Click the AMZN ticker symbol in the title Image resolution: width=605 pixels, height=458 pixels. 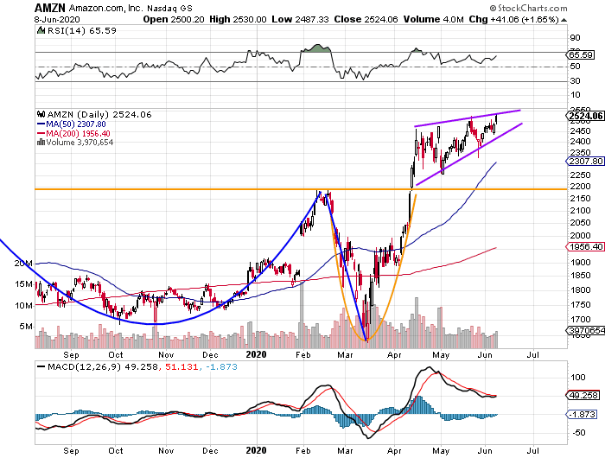[22, 7]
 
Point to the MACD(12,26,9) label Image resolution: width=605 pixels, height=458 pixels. [75, 366]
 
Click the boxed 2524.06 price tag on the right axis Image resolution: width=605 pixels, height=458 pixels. [585, 115]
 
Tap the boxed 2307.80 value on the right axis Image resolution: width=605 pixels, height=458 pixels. [585, 162]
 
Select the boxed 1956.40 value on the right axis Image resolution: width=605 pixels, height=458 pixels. [585, 246]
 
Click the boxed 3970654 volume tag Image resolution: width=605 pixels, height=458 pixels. [586, 330]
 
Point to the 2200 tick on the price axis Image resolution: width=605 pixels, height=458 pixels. [580, 188]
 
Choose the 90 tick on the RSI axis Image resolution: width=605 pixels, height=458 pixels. [573, 38]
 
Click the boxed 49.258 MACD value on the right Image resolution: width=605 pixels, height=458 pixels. [584, 395]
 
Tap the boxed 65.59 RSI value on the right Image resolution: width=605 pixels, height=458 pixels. [581, 54]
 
